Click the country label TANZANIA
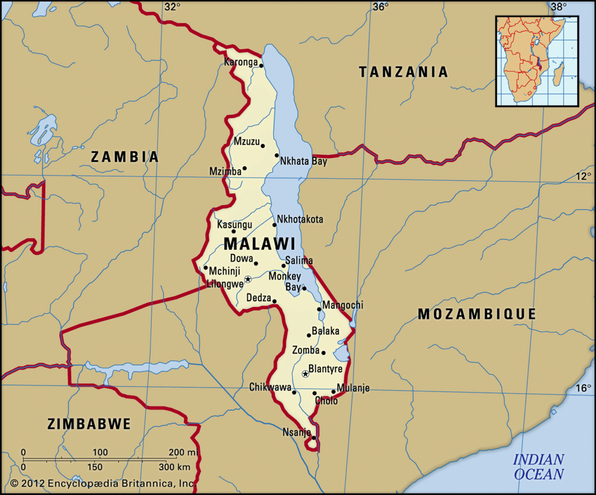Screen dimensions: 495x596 404,72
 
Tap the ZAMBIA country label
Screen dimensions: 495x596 125,157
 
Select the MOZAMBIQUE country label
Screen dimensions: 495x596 477,314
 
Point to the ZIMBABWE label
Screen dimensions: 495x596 89,424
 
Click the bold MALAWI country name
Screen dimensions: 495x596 259,244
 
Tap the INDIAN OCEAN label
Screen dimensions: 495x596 538,467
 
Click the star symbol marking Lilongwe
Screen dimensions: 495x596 248,279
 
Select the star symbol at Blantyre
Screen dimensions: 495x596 305,374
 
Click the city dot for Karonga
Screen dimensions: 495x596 261,66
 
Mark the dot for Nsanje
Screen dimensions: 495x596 314,438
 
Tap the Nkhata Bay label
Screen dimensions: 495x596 304,161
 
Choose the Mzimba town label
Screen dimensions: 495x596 225,171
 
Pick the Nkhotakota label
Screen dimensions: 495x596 300,219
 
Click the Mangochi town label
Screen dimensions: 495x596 343,305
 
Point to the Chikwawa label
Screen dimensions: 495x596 270,388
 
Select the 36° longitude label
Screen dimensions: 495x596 381,7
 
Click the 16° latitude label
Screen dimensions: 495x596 583,388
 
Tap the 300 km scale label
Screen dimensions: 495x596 174,467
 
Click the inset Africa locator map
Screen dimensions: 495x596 537,61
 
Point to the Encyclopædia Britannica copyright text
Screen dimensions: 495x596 103,483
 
